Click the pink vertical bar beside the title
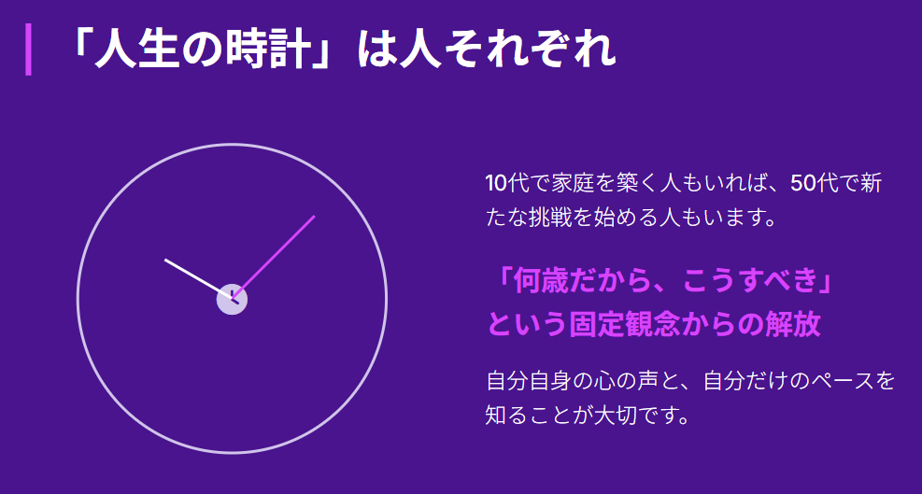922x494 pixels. click(x=28, y=49)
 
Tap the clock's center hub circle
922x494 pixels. click(x=232, y=300)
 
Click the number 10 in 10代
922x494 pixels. click(x=496, y=184)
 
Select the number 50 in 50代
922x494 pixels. click(x=802, y=184)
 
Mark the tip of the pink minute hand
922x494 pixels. click(x=314, y=217)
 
